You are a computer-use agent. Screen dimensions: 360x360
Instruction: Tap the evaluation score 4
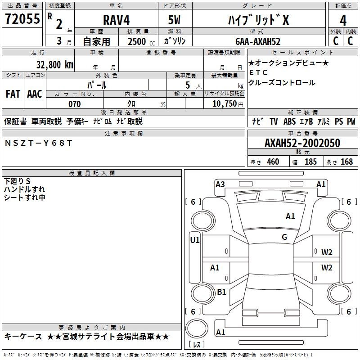[x=343, y=20]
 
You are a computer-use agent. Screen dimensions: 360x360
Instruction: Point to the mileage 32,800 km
[x=55, y=64]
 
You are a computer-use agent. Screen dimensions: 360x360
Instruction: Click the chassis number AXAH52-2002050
[x=302, y=143]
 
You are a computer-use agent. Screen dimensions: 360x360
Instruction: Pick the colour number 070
[x=74, y=104]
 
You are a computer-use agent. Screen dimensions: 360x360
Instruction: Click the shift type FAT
[x=13, y=94]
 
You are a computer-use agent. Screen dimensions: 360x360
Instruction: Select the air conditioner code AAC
[x=35, y=94]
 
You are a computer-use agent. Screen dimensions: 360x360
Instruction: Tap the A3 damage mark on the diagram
[x=220, y=184]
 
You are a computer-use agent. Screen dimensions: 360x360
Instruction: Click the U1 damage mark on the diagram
[x=195, y=240]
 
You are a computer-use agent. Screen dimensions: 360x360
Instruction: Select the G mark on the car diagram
[x=284, y=237]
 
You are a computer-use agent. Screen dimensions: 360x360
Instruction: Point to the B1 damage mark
[x=221, y=292]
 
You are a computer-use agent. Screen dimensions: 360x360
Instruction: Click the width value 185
[x=310, y=162]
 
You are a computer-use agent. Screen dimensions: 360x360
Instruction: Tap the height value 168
[x=346, y=162]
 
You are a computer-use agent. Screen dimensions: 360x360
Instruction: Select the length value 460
[x=273, y=162]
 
